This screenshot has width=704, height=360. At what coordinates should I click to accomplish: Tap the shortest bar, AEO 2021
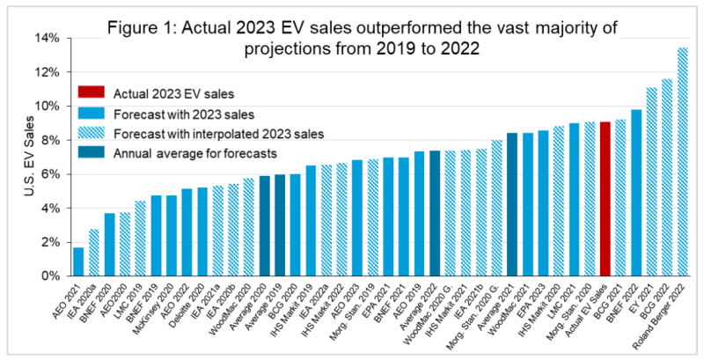pos(78,261)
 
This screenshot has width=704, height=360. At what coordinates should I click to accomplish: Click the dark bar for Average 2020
pos(264,225)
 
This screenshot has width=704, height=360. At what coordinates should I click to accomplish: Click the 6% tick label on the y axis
pos(50,174)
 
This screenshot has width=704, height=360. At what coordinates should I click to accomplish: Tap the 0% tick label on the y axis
pos(50,276)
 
